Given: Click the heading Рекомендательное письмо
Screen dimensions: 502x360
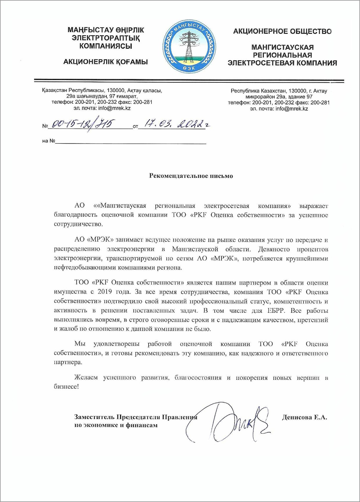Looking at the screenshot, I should click(x=191, y=176).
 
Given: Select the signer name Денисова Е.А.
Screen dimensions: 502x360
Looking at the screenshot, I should click(x=304, y=417).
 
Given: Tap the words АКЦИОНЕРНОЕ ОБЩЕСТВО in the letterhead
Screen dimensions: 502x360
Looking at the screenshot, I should click(x=282, y=32).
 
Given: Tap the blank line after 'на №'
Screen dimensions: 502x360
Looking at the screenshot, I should click(x=130, y=141).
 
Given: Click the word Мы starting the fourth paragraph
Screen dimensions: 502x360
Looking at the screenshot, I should click(x=80, y=344).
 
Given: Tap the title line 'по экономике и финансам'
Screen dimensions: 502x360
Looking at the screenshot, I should click(x=116, y=425).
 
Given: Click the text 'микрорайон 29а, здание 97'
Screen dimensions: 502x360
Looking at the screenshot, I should click(x=279, y=97).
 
